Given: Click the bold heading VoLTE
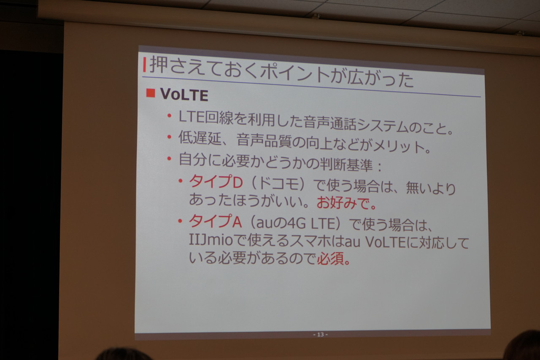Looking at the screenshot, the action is [184, 95].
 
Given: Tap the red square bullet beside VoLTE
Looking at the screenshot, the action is [151, 93].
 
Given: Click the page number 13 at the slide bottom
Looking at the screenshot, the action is [320, 334].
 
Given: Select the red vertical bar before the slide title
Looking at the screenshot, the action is [144, 65].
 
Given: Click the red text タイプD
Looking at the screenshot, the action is [216, 181].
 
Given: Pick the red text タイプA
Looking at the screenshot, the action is [215, 221].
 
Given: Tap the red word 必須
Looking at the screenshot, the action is [330, 259].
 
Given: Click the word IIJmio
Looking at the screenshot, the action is [211, 240].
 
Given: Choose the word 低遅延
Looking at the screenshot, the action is [200, 138].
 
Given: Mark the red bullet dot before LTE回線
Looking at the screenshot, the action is [169, 116].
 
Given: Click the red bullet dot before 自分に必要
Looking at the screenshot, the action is [169, 158].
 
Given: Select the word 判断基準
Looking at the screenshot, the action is [346, 165].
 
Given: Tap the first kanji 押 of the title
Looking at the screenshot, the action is [158, 65].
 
